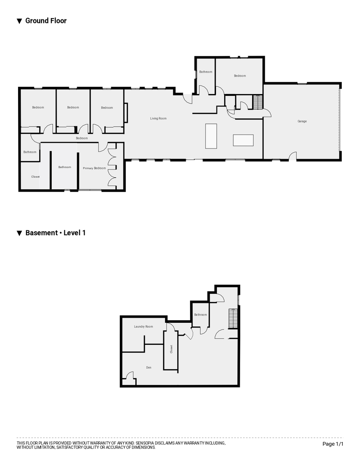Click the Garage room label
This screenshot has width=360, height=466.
click(x=302, y=121)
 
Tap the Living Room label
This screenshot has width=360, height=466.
click(x=158, y=118)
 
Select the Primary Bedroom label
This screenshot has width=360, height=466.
click(x=94, y=168)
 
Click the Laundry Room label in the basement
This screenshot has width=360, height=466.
click(x=144, y=327)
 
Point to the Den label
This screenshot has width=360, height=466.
click(x=149, y=368)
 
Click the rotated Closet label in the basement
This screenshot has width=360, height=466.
click(x=171, y=349)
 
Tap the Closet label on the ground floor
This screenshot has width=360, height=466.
click(x=35, y=177)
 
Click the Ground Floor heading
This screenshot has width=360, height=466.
click(x=46, y=21)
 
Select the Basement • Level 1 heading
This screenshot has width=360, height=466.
click(x=56, y=233)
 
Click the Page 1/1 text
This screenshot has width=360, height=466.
click(x=333, y=444)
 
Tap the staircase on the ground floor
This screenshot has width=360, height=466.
click(x=257, y=102)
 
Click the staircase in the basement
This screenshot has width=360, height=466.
click(x=233, y=318)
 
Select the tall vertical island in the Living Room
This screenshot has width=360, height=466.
click(x=211, y=136)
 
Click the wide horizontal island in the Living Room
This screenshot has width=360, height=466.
click(x=243, y=140)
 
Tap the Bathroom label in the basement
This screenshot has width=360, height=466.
click(x=200, y=315)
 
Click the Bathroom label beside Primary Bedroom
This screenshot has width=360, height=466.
click(x=65, y=167)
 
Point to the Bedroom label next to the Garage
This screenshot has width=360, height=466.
click(x=240, y=76)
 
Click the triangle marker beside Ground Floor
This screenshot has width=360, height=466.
click(x=19, y=21)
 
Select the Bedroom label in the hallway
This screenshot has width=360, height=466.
click(x=81, y=138)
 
